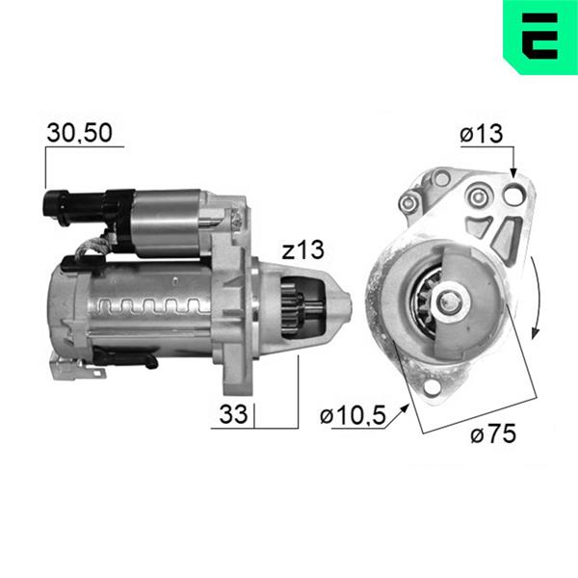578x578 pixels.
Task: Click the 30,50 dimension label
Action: [x=79, y=133]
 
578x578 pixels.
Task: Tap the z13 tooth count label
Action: [x=303, y=250]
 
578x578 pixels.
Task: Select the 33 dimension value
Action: [x=233, y=414]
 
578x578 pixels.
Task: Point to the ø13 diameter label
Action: [x=482, y=133]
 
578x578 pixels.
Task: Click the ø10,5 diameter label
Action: [x=353, y=416]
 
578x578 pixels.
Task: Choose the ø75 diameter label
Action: [x=493, y=433]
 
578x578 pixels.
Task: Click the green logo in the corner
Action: [x=540, y=37]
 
